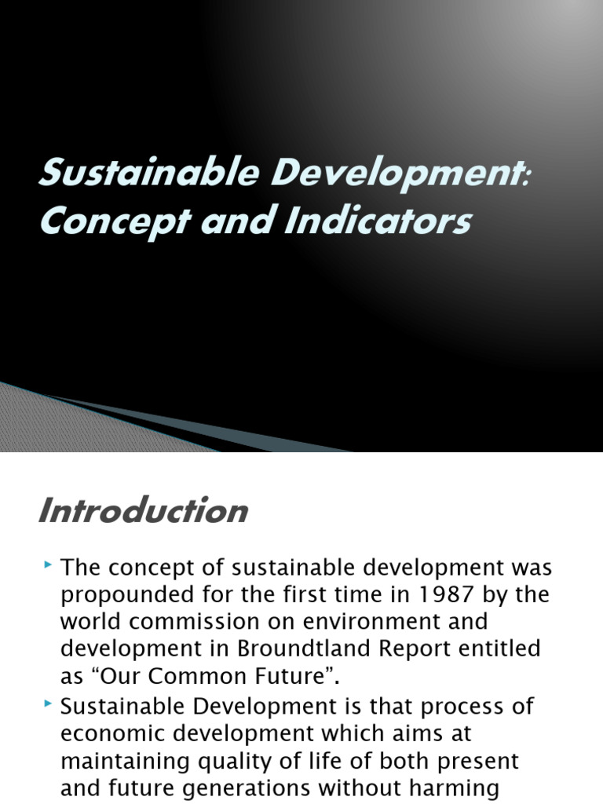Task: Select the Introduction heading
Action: coord(142,511)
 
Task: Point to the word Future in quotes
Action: coord(290,676)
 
